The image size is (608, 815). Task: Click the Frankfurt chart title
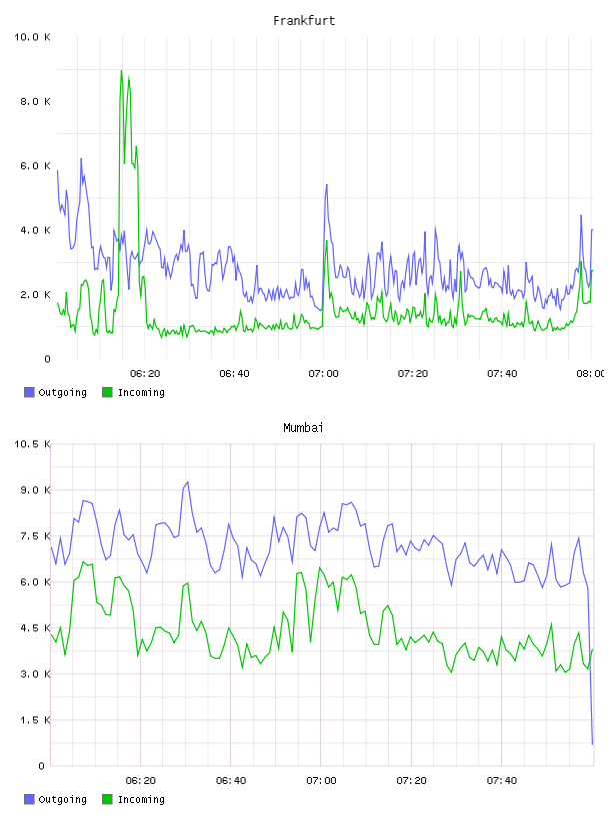(x=304, y=21)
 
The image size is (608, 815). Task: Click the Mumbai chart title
(x=303, y=428)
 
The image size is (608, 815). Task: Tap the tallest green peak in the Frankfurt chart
(x=121, y=71)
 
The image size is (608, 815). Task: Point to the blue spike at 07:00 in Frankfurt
(x=326, y=185)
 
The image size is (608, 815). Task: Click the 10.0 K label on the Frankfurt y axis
(x=32, y=37)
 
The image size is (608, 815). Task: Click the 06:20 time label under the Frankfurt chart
(x=145, y=374)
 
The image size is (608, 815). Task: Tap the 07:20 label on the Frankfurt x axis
(x=413, y=374)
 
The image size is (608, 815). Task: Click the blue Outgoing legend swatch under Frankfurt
(x=29, y=392)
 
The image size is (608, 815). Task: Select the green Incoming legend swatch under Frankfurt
(x=107, y=392)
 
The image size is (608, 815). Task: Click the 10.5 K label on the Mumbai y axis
(x=32, y=444)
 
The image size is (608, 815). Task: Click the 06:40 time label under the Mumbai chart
(x=231, y=781)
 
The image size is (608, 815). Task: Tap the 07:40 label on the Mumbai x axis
(x=502, y=781)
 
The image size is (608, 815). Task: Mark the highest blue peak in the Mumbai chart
(x=187, y=482)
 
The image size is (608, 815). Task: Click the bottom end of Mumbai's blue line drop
(x=592, y=744)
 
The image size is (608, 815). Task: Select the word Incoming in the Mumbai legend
(x=141, y=799)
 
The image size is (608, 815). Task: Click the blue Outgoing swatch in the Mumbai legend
(x=29, y=799)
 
